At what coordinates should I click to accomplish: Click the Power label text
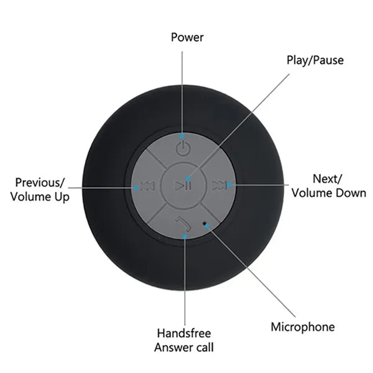187,37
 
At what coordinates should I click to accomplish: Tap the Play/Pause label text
315,60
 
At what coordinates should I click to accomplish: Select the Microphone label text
303,327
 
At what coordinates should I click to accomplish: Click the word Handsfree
184,333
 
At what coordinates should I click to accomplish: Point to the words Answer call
184,348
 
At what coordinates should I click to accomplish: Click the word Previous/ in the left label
40,183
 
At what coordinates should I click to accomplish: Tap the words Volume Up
40,197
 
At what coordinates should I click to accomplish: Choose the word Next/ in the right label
328,179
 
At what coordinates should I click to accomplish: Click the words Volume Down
329,193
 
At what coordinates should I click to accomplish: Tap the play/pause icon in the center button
183,186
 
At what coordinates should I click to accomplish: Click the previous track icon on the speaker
147,186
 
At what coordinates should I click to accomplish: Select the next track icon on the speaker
219,185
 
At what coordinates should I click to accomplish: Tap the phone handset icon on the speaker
183,224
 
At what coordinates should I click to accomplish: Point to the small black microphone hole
205,223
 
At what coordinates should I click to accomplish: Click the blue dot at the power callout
182,137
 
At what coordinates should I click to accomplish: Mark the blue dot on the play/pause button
188,178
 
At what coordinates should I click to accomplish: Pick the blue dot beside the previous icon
136,188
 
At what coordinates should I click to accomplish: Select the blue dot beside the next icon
229,185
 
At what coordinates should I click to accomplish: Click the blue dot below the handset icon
185,236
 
